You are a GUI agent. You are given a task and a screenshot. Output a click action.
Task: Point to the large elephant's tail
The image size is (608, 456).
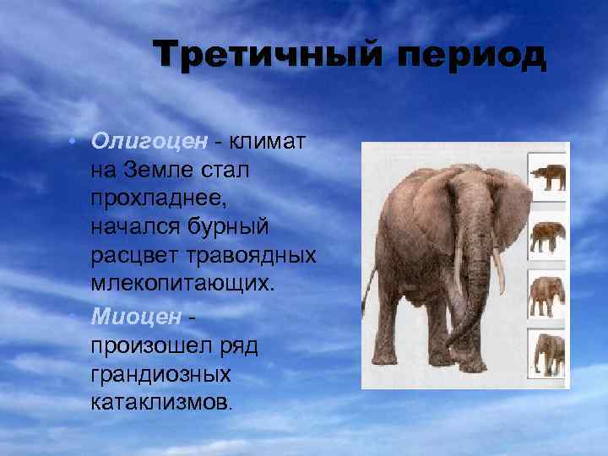coord(370,296)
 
